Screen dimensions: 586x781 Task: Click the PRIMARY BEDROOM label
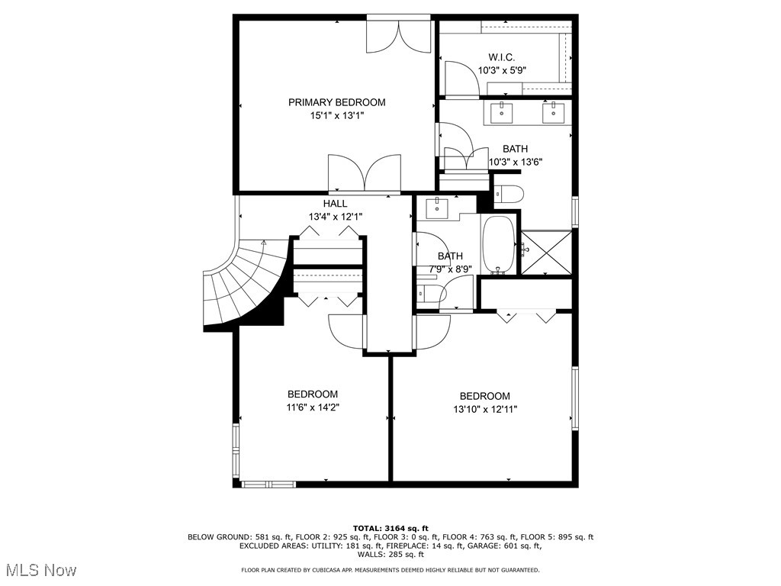[336, 102]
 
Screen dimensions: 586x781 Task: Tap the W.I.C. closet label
[501, 57]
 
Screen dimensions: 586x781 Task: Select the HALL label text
[335, 204]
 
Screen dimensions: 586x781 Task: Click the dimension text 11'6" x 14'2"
[313, 407]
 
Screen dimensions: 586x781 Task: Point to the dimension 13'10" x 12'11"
[484, 409]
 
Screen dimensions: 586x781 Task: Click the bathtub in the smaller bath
[500, 244]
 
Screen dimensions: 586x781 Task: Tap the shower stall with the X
[545, 253]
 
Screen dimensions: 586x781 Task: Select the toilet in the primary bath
[507, 194]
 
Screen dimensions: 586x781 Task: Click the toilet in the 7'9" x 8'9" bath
[427, 293]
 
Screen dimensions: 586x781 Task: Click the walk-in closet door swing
[460, 79]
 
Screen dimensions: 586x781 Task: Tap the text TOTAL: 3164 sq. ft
[390, 528]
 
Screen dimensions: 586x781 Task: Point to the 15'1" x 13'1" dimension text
[336, 116]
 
